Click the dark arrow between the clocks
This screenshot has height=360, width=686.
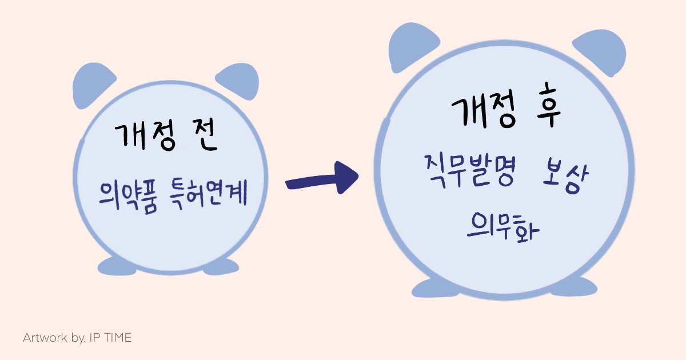(x=323, y=179)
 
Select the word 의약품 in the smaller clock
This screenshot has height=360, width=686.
(x=125, y=195)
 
